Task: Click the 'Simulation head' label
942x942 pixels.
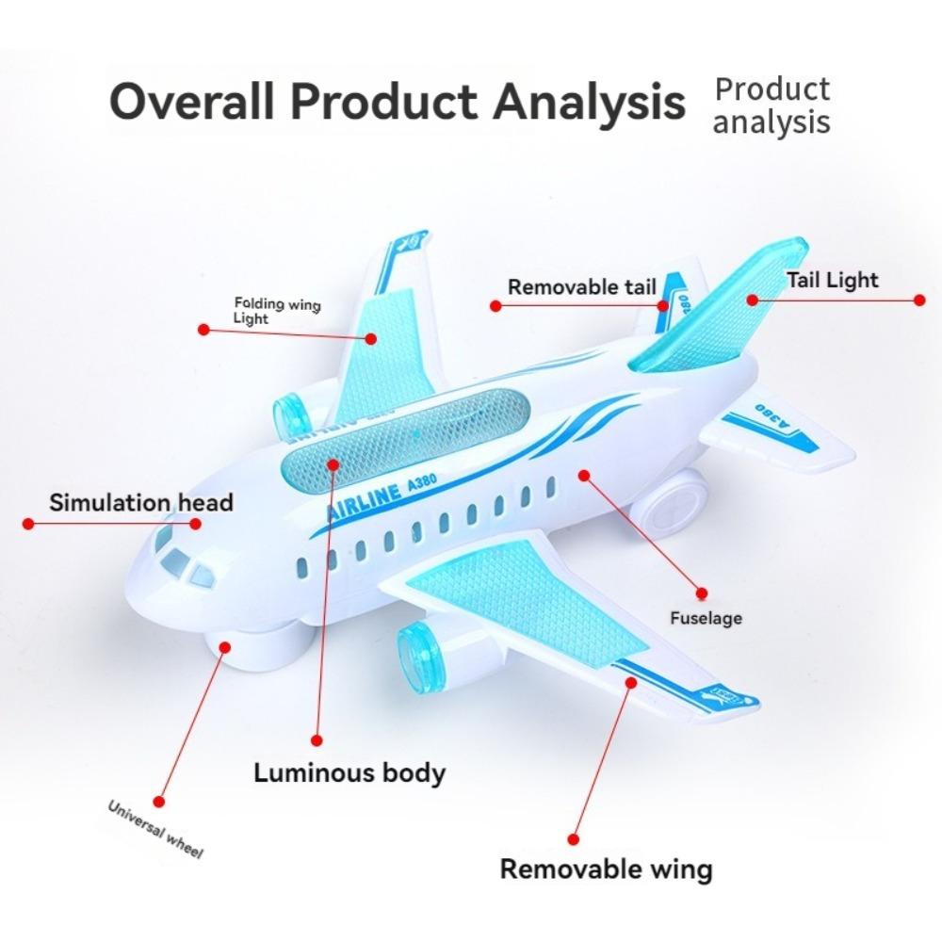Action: [x=140, y=502]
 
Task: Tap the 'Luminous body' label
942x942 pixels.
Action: [x=349, y=773]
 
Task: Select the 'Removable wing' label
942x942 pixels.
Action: [x=606, y=869]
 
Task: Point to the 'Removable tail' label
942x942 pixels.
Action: [x=582, y=287]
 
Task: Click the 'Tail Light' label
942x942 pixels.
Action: [x=832, y=280]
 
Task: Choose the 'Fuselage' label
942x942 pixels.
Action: [x=706, y=618]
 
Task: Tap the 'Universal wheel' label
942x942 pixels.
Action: [x=155, y=829]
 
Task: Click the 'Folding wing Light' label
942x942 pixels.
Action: [x=276, y=312]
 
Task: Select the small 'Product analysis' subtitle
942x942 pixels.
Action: [x=771, y=106]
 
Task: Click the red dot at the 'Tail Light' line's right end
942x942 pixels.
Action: [x=919, y=300]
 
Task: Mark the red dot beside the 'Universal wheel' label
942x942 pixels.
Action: [x=158, y=802]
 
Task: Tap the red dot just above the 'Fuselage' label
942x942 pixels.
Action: [x=701, y=593]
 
